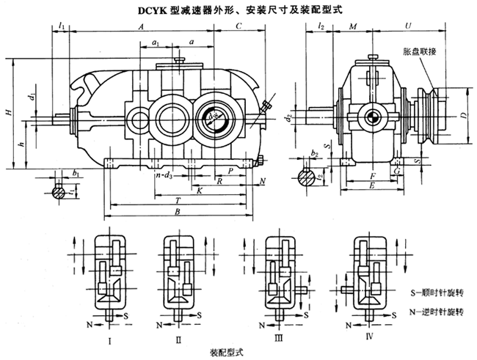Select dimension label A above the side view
point(139,26)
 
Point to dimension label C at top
point(239,26)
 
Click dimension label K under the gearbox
point(199,190)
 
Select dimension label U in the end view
point(407,26)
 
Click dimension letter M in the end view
point(353,26)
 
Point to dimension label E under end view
point(373,187)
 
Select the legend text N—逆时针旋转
point(437,311)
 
